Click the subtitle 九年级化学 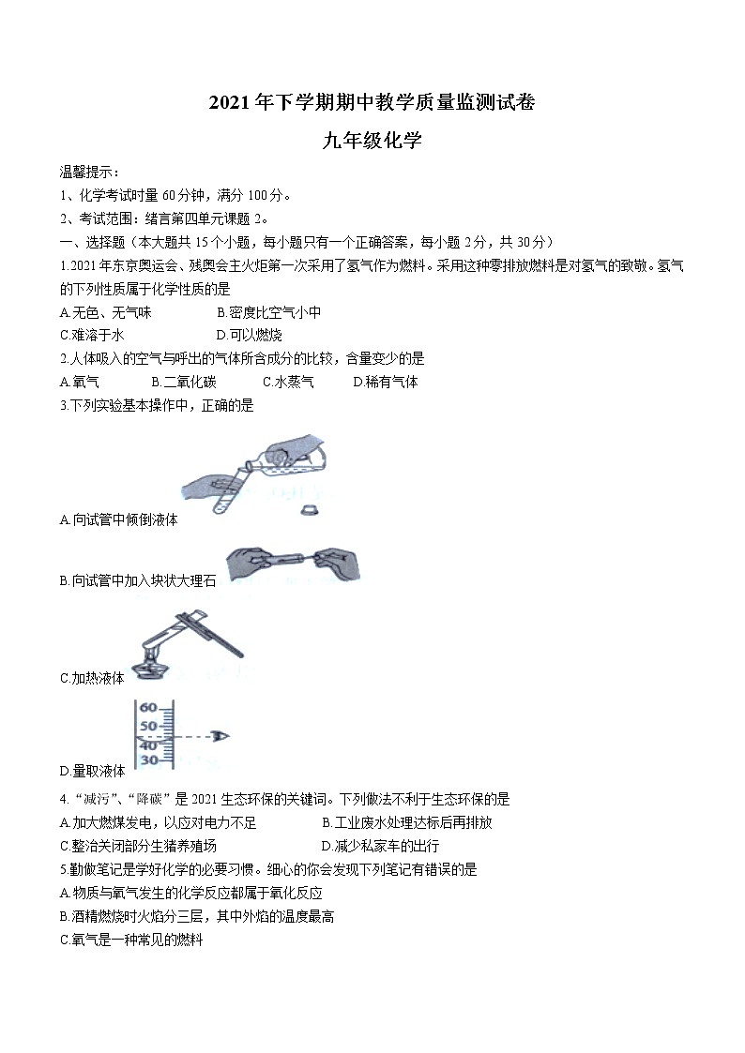372,142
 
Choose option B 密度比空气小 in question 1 268,312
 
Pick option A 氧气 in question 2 80,382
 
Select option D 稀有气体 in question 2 386,382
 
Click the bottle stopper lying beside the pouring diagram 308,510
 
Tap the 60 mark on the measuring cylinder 149,708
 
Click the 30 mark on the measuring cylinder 149,760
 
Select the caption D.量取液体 92,771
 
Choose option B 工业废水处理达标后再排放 406,822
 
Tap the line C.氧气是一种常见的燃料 131,940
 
